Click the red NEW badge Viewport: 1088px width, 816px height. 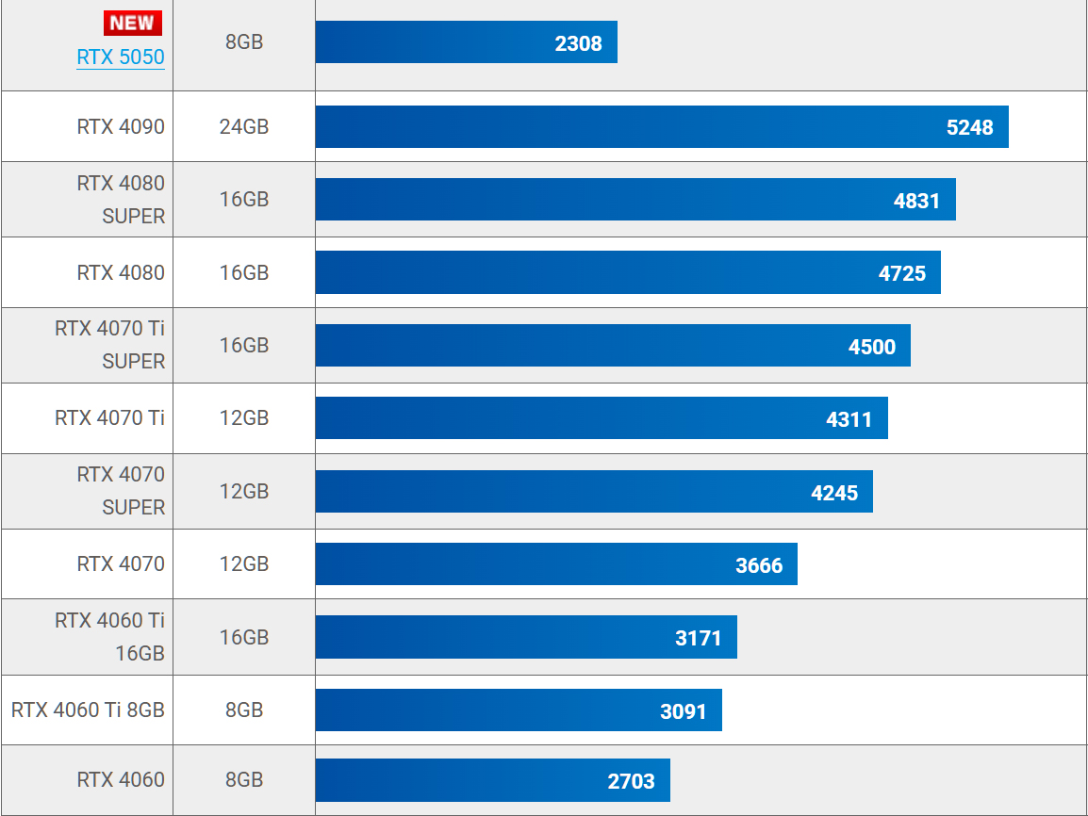pyautogui.click(x=133, y=23)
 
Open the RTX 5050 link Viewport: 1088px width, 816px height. pyautogui.click(x=121, y=57)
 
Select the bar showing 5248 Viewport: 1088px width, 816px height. pyautogui.click(x=661, y=127)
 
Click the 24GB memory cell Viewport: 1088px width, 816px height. pyautogui.click(x=244, y=126)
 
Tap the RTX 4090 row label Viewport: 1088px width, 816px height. pyautogui.click(x=121, y=126)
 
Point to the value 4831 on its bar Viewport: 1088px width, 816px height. pyautogui.click(x=916, y=200)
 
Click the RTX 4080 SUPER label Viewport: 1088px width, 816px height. pyautogui.click(x=121, y=199)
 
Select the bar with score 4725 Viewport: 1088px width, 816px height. pyautogui.click(x=627, y=272)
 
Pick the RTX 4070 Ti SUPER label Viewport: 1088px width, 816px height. pyautogui.click(x=110, y=345)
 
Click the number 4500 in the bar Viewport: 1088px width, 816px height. pyautogui.click(x=871, y=346)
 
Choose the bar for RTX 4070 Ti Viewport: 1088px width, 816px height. pyautogui.click(x=601, y=417)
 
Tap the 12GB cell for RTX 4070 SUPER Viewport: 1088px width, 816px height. pyautogui.click(x=244, y=491)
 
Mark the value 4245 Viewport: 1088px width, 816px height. pyautogui.click(x=834, y=492)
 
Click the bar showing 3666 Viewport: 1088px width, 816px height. pyautogui.click(x=555, y=563)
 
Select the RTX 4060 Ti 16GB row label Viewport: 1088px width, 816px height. pyautogui.click(x=110, y=637)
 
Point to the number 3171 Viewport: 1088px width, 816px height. pyautogui.click(x=699, y=638)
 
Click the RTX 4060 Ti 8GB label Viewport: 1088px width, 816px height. pyautogui.click(x=88, y=710)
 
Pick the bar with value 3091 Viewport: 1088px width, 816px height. pyautogui.click(x=518, y=710)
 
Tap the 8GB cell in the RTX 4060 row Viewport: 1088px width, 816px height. pyautogui.click(x=244, y=779)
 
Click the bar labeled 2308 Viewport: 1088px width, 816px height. pyautogui.click(x=466, y=42)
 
